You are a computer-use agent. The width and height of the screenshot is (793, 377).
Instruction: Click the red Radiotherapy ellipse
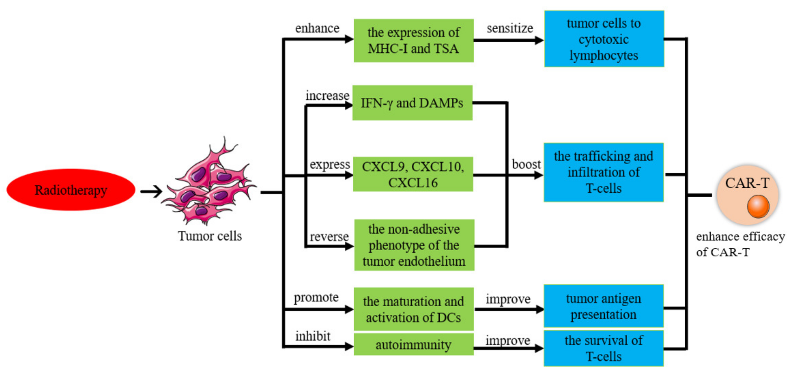coord(71,190)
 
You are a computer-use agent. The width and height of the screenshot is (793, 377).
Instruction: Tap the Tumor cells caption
coord(210,236)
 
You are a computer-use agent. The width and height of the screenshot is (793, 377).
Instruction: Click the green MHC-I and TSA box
coord(413,41)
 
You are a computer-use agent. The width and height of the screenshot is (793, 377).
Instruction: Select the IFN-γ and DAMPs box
coord(412,103)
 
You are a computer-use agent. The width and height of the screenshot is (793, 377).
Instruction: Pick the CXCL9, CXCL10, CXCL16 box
coord(413,174)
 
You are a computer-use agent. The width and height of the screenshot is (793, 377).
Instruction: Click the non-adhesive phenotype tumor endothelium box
coord(414,245)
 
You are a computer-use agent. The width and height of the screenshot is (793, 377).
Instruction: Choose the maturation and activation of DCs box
coord(413,309)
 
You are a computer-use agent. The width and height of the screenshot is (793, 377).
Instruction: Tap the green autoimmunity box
coord(413,344)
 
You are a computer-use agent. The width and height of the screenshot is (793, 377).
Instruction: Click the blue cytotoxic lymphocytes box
coord(604,39)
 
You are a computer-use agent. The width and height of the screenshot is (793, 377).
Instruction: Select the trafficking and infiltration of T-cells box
coord(603,172)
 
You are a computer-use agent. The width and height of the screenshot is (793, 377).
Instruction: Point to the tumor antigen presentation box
coord(603,306)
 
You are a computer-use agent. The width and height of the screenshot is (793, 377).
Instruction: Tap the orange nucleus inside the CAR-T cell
coord(758,206)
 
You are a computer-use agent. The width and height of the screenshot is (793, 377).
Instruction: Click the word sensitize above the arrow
coord(510,28)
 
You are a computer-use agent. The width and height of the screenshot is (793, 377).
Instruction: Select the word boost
coord(526,164)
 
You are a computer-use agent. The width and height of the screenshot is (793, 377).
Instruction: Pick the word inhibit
coord(313,336)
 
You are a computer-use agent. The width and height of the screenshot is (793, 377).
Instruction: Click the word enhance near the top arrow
coord(317,28)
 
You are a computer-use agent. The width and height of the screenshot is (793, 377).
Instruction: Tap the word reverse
coord(329,237)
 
